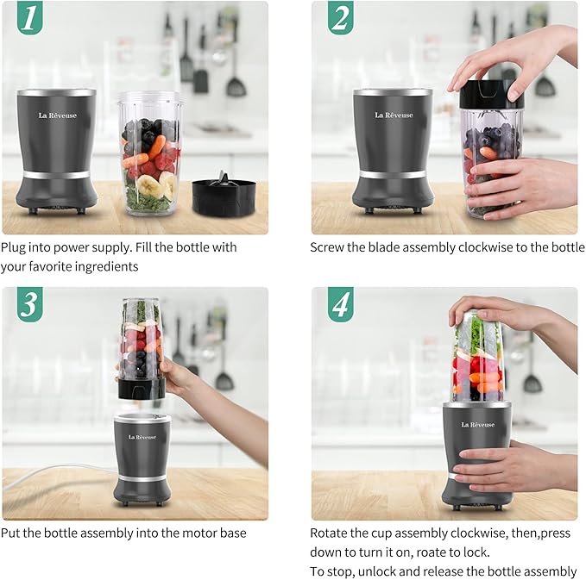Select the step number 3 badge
pos(30,304)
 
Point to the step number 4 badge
pos(340,304)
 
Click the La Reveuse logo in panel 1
pos(56,115)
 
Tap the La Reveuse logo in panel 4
pos(477,425)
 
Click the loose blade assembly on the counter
pos(221,195)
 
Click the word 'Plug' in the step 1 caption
pos(15,247)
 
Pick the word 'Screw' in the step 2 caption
pos(329,247)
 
